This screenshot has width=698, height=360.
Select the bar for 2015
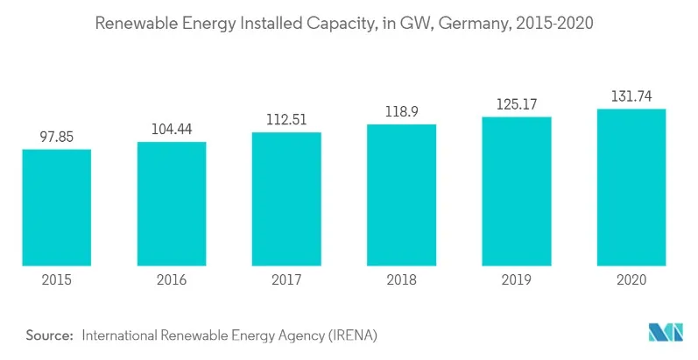coord(57,208)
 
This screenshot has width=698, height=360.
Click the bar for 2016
coord(172,203)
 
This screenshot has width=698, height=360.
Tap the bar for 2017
coord(286,199)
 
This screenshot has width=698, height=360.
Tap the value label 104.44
coord(172,128)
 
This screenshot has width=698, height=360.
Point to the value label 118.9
coord(401,111)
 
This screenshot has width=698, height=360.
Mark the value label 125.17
coord(517,103)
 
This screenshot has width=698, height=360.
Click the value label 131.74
coord(631,95)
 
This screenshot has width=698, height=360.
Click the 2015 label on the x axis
coord(57,280)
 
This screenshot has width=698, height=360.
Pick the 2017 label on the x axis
coord(286,280)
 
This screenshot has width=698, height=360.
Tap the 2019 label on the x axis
coord(517,280)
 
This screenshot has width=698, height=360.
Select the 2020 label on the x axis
coord(631,280)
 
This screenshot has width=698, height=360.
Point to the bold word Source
coord(47,335)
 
